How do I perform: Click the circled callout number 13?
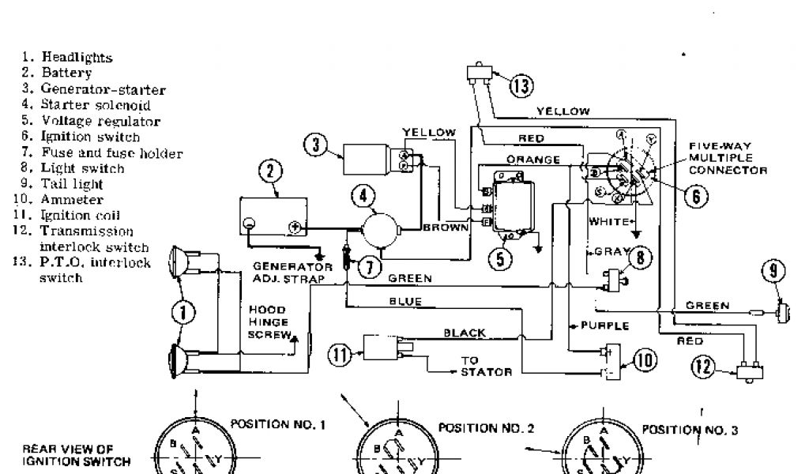point(521,85)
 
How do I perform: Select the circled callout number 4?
point(363,195)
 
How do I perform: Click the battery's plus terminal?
point(295,228)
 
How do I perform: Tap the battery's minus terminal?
point(249,223)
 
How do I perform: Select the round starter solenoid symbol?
point(383,228)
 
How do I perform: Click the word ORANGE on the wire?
point(533,159)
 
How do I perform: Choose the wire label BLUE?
point(405,301)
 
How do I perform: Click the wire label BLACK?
point(465,333)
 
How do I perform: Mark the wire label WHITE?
point(609,221)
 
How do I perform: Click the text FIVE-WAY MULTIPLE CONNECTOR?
point(727,158)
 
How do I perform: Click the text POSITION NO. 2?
point(487,428)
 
